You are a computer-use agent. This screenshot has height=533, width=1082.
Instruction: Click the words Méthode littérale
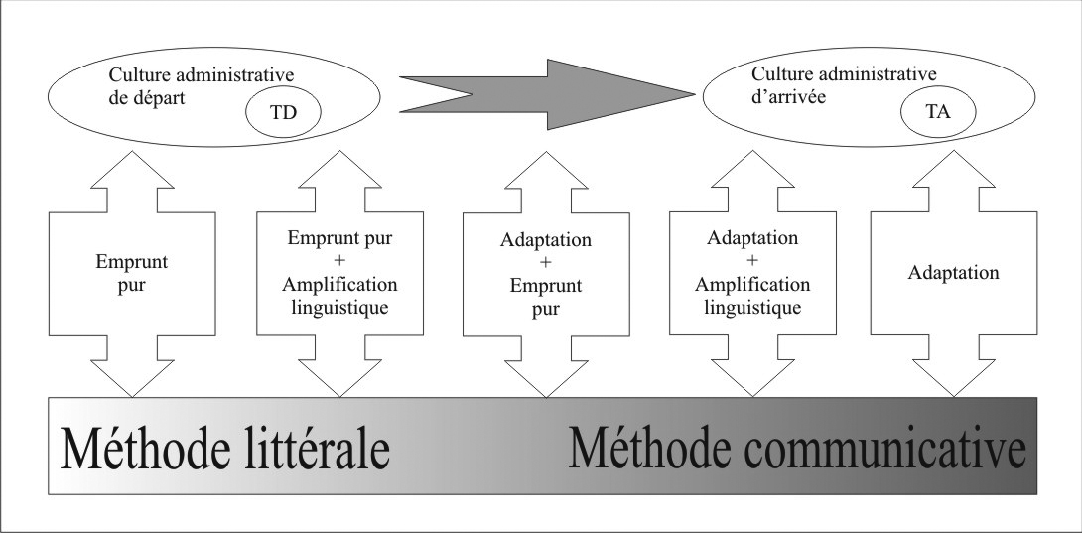pyautogui.click(x=225, y=449)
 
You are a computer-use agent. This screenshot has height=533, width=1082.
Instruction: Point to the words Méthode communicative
pyautogui.click(x=797, y=449)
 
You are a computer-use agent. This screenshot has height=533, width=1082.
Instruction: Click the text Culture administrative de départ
pyautogui.click(x=202, y=85)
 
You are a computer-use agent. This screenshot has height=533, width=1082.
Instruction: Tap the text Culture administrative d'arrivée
pyautogui.click(x=844, y=84)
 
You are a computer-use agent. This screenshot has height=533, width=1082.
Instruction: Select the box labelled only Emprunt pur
pyautogui.click(x=132, y=274)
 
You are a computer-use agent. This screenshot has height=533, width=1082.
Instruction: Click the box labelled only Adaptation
pyautogui.click(x=954, y=273)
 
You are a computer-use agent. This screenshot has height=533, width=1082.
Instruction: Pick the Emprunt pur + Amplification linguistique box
pyautogui.click(x=339, y=273)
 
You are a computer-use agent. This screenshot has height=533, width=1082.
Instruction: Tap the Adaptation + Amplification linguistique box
pyautogui.click(x=752, y=273)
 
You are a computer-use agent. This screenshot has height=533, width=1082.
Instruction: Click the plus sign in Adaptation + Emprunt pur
pyautogui.click(x=546, y=263)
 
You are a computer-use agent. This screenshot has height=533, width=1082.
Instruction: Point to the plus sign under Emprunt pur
pyautogui.click(x=339, y=261)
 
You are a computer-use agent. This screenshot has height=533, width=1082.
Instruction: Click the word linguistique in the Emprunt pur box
pyautogui.click(x=339, y=308)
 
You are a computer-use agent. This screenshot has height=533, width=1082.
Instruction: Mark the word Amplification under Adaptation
pyautogui.click(x=752, y=284)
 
